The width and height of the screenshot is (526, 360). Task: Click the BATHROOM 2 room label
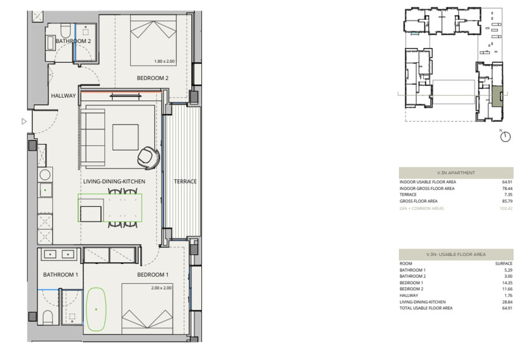click(x=74, y=41)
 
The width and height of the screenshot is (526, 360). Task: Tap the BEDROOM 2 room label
click(x=153, y=78)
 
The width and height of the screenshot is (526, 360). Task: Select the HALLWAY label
click(x=63, y=96)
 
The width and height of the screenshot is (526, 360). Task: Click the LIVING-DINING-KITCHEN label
click(x=114, y=181)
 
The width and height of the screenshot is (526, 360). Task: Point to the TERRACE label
click(x=185, y=182)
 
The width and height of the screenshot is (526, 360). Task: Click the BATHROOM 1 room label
click(x=60, y=275)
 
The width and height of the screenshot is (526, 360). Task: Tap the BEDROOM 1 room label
click(x=153, y=275)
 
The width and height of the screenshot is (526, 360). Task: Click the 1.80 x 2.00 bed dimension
click(x=165, y=61)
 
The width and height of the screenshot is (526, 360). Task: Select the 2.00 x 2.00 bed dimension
click(x=161, y=288)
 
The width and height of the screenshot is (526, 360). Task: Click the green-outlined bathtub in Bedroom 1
click(x=96, y=308)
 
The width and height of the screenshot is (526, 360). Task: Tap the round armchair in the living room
click(x=150, y=156)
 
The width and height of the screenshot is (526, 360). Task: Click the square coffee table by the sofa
click(x=125, y=136)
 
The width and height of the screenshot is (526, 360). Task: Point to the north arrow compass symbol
click(x=505, y=136)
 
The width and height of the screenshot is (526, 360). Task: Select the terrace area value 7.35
click(x=507, y=194)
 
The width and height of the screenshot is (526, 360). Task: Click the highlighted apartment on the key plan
click(x=496, y=98)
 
